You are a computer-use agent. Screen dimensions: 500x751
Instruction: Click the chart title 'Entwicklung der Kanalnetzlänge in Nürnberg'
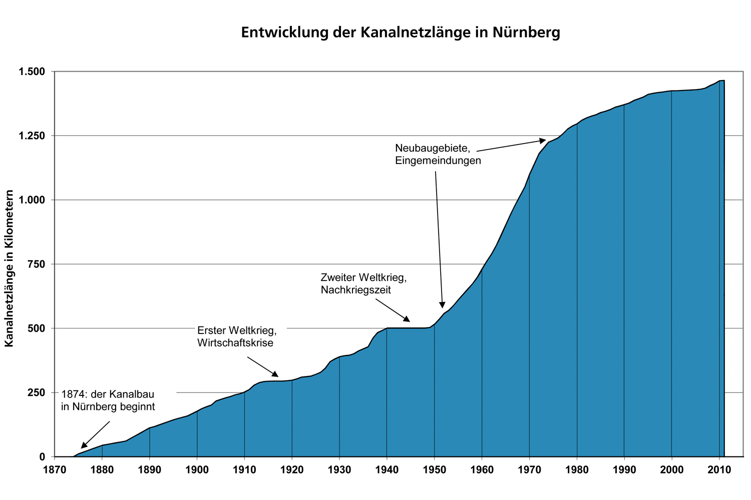coord(401,32)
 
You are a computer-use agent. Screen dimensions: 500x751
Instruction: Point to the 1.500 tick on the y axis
coord(32,71)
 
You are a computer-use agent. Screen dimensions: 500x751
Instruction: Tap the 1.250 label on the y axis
coord(32,136)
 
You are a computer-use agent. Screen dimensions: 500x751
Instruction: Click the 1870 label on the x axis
coord(55,469)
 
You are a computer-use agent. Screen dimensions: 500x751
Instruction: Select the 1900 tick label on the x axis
coord(197,469)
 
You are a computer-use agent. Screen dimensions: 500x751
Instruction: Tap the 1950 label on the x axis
coord(434,469)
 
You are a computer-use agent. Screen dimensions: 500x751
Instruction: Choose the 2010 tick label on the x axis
coord(719,469)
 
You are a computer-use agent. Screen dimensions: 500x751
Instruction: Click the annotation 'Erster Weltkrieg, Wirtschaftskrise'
coord(237,336)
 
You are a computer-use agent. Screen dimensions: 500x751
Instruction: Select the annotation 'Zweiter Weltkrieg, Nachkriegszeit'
coord(363,283)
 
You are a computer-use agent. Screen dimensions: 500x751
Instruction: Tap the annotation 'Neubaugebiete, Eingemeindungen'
coord(438,154)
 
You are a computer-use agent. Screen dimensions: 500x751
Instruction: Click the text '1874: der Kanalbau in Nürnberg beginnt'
coord(108,400)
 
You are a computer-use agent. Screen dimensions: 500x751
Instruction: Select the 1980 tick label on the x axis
coord(577,469)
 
